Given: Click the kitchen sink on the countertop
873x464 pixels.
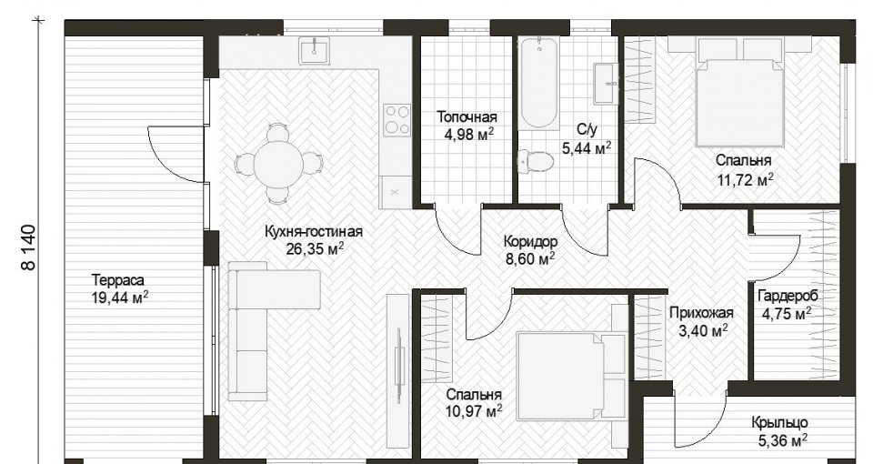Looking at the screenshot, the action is point(314,50).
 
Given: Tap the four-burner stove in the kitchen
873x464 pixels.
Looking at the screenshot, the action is point(397,120).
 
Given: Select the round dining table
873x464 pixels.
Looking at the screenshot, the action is point(278,164).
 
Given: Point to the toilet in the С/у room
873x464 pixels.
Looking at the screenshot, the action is point(536,162).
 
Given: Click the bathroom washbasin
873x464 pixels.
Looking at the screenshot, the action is point(606,84).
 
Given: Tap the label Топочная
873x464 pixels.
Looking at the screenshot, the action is point(467,117).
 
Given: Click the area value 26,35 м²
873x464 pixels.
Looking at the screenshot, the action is point(315,249).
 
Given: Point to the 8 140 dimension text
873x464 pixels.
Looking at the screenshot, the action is point(29,247).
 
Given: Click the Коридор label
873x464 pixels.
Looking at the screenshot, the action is point(530,242).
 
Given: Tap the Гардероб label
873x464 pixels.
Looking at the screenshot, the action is point(788,296).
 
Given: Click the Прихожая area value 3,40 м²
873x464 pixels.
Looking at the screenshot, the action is point(703,331).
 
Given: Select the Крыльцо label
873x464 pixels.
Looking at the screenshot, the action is point(779,423).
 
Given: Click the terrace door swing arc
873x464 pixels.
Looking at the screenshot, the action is point(167,156).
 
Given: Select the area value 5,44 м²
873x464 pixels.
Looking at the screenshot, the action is point(587,148).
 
